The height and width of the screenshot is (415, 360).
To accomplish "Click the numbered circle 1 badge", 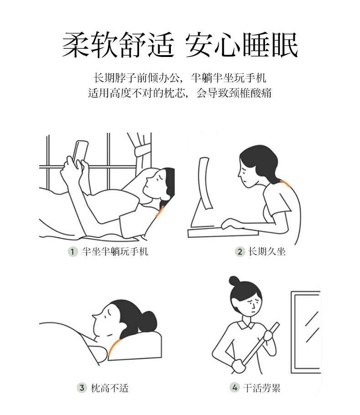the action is [72, 251].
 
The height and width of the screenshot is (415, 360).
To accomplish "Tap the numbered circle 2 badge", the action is [240, 251].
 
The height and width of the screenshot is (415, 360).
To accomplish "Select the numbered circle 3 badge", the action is [82, 388].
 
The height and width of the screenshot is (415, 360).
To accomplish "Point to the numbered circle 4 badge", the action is [234, 388].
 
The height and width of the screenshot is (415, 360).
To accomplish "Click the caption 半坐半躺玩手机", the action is [115, 251].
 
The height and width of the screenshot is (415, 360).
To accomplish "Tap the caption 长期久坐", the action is [267, 251].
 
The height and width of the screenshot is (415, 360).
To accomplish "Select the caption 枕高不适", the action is [109, 388].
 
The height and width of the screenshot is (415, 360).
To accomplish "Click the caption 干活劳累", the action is [262, 388].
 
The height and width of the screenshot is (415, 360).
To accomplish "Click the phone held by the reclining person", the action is [80, 152].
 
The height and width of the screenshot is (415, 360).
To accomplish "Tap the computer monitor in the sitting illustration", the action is [204, 183].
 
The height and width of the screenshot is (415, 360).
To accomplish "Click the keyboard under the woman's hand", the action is [223, 232].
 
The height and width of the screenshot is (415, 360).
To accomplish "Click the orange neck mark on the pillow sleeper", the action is [113, 347].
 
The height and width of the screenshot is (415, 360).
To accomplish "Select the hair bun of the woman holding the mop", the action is [234, 281].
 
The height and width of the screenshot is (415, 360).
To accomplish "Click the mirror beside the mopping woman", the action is [306, 333].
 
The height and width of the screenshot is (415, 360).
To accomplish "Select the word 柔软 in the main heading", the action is [90, 45].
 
